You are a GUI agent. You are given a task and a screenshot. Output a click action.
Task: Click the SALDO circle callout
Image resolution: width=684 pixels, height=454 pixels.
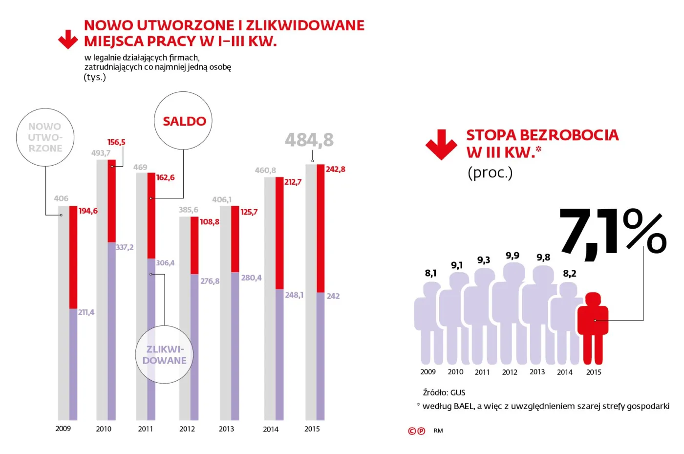(x=184, y=121)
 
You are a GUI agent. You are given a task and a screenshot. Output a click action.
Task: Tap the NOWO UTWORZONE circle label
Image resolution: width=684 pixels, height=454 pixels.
(x=45, y=137)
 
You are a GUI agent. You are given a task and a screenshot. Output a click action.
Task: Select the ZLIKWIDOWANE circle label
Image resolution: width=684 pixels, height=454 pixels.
(x=164, y=355)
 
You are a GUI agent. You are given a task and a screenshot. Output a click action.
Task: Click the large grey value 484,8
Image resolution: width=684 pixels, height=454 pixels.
(x=309, y=140)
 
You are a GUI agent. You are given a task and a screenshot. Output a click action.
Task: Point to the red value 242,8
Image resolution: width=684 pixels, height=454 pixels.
(x=335, y=169)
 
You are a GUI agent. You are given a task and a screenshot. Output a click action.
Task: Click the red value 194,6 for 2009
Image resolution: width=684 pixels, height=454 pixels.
(x=88, y=211)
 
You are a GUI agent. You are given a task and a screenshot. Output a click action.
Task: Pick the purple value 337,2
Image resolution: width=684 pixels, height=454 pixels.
(x=125, y=247)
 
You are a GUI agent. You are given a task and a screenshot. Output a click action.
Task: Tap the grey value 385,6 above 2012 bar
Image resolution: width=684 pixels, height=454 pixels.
(x=188, y=210)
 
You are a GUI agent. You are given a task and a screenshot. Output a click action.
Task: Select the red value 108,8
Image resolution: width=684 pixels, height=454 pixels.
(x=209, y=222)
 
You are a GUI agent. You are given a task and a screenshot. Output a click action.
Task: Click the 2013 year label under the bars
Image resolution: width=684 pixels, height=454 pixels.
(x=226, y=429)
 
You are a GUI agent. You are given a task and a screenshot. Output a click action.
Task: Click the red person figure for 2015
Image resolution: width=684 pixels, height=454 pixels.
(x=593, y=327)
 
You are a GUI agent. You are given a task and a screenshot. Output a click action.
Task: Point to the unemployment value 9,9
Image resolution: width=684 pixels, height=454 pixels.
(x=512, y=256)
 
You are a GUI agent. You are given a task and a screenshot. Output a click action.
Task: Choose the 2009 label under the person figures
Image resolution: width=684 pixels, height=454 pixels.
(x=428, y=372)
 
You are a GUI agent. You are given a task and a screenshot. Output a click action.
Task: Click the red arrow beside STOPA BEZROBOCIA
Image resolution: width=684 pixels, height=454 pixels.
(x=441, y=145)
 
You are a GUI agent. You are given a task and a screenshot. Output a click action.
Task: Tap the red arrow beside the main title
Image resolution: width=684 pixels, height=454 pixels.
(x=68, y=40)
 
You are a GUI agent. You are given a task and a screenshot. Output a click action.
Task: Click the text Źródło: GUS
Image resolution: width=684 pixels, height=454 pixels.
(x=444, y=392)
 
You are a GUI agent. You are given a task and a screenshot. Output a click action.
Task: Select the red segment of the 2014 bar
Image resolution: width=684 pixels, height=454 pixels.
(x=279, y=233)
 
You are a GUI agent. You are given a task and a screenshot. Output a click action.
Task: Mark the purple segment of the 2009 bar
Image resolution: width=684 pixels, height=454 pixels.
(x=73, y=364)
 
